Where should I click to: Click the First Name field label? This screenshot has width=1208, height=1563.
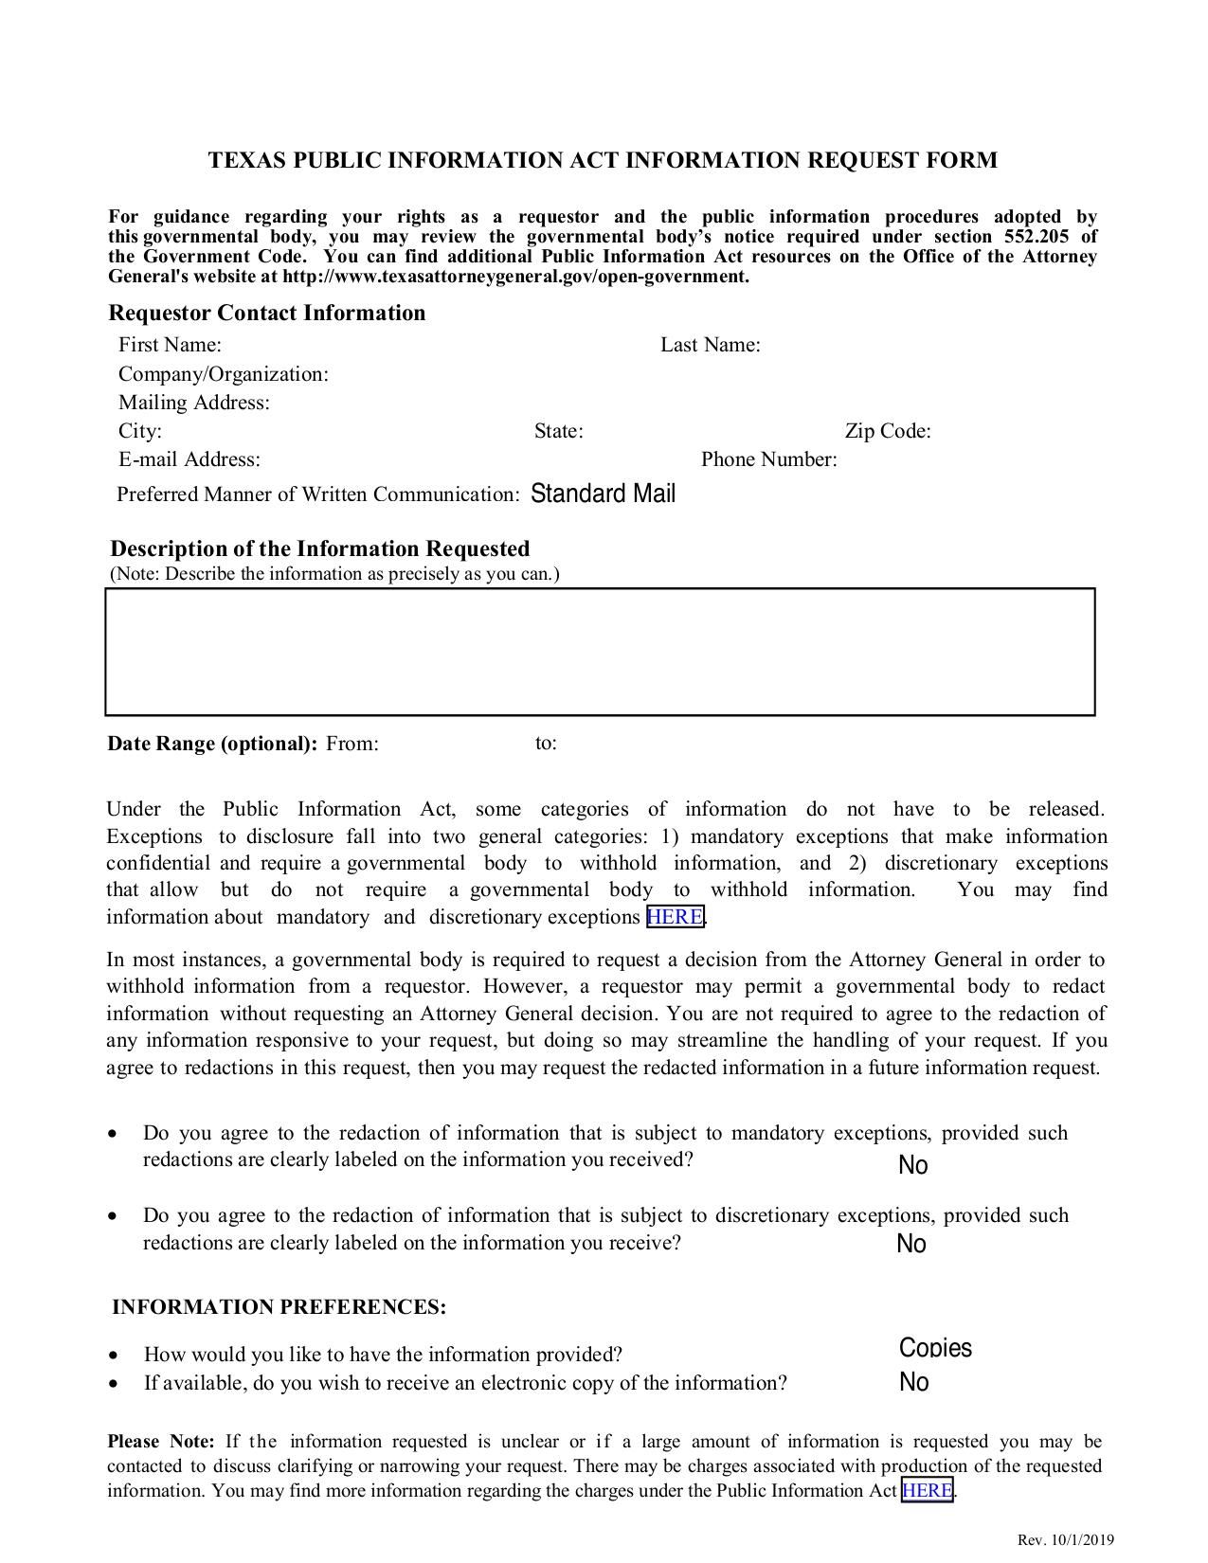170,345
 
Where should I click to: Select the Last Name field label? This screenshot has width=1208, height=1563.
710,345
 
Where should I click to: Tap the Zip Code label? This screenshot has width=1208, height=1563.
887,432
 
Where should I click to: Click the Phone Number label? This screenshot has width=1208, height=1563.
768,460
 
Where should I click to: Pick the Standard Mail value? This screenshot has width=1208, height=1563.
603,494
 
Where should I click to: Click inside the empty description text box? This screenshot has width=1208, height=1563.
600,652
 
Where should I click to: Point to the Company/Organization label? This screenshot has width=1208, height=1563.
223,374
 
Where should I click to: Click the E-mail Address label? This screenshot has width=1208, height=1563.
189,460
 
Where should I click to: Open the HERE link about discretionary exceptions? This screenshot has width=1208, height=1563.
675,917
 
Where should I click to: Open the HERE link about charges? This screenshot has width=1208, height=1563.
927,1491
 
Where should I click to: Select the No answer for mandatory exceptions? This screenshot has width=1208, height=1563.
912,1165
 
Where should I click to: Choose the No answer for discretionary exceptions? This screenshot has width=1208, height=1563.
911,1244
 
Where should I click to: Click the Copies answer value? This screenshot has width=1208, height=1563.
935,1348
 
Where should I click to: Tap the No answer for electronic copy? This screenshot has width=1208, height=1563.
913,1382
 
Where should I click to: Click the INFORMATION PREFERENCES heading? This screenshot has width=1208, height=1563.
279,1307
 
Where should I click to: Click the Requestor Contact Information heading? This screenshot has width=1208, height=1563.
266,314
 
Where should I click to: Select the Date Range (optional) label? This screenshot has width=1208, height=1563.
212,744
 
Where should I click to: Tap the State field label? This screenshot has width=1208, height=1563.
558,432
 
